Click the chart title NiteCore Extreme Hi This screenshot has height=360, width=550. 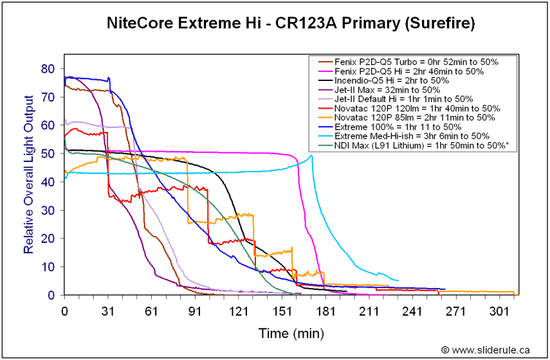pyautogui.click(x=291, y=24)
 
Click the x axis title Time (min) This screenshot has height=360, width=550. pyautogui.click(x=291, y=334)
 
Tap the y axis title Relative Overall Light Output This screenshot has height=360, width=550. pyautogui.click(x=28, y=174)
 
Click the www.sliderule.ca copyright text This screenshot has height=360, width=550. pyautogui.click(x=486, y=350)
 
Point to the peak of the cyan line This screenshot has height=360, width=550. pyautogui.click(x=311, y=155)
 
